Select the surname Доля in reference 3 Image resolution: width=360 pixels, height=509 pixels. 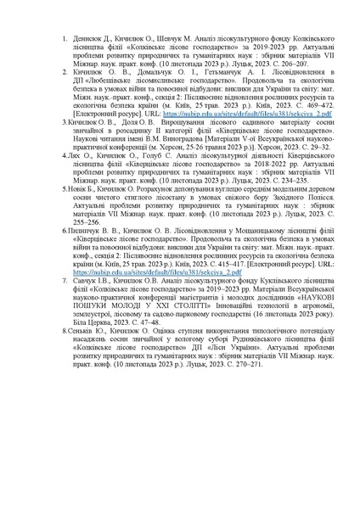click(130, 123)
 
